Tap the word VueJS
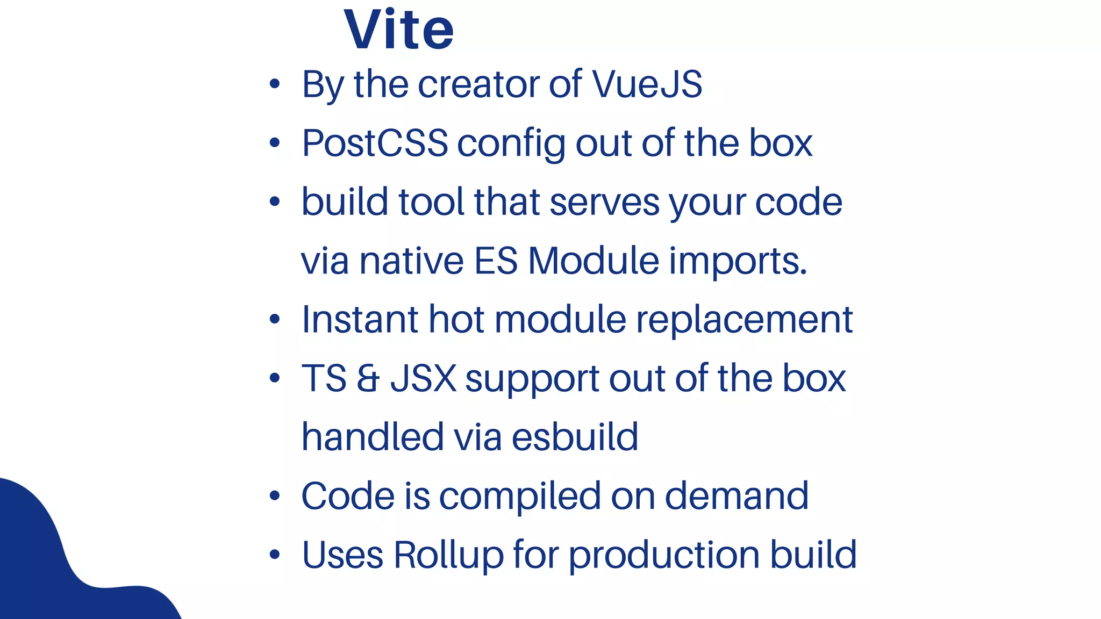(647, 84)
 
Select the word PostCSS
(375, 143)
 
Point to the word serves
(604, 203)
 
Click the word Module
(594, 261)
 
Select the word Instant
(360, 320)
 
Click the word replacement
(745, 321)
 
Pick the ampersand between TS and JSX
(368, 378)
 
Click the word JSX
(424, 378)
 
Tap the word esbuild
(575, 437)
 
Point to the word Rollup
(449, 555)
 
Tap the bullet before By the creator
(275, 84)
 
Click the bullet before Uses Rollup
(275, 554)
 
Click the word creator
(478, 84)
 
